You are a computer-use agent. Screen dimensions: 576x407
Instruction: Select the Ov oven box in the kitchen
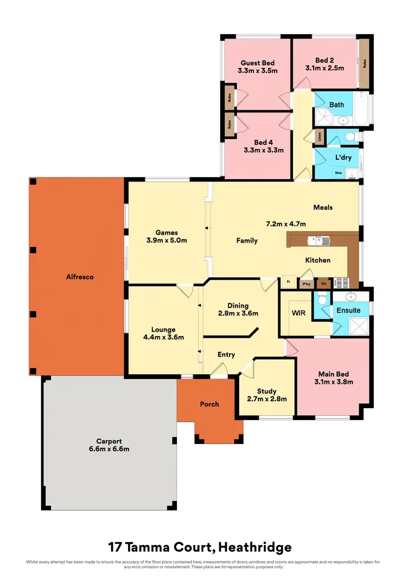324,283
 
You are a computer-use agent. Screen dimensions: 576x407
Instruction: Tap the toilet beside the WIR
322,300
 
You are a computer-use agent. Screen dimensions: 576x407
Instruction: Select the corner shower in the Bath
325,118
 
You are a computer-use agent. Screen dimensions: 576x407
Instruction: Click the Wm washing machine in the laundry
338,173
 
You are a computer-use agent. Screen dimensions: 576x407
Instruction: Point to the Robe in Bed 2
364,62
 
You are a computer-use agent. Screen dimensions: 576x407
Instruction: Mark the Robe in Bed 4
230,125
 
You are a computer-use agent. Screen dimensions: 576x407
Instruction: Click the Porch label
209,404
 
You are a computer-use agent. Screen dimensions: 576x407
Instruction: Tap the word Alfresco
79,277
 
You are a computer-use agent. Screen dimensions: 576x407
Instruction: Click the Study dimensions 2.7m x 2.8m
266,399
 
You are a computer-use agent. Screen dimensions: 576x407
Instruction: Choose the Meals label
323,207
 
